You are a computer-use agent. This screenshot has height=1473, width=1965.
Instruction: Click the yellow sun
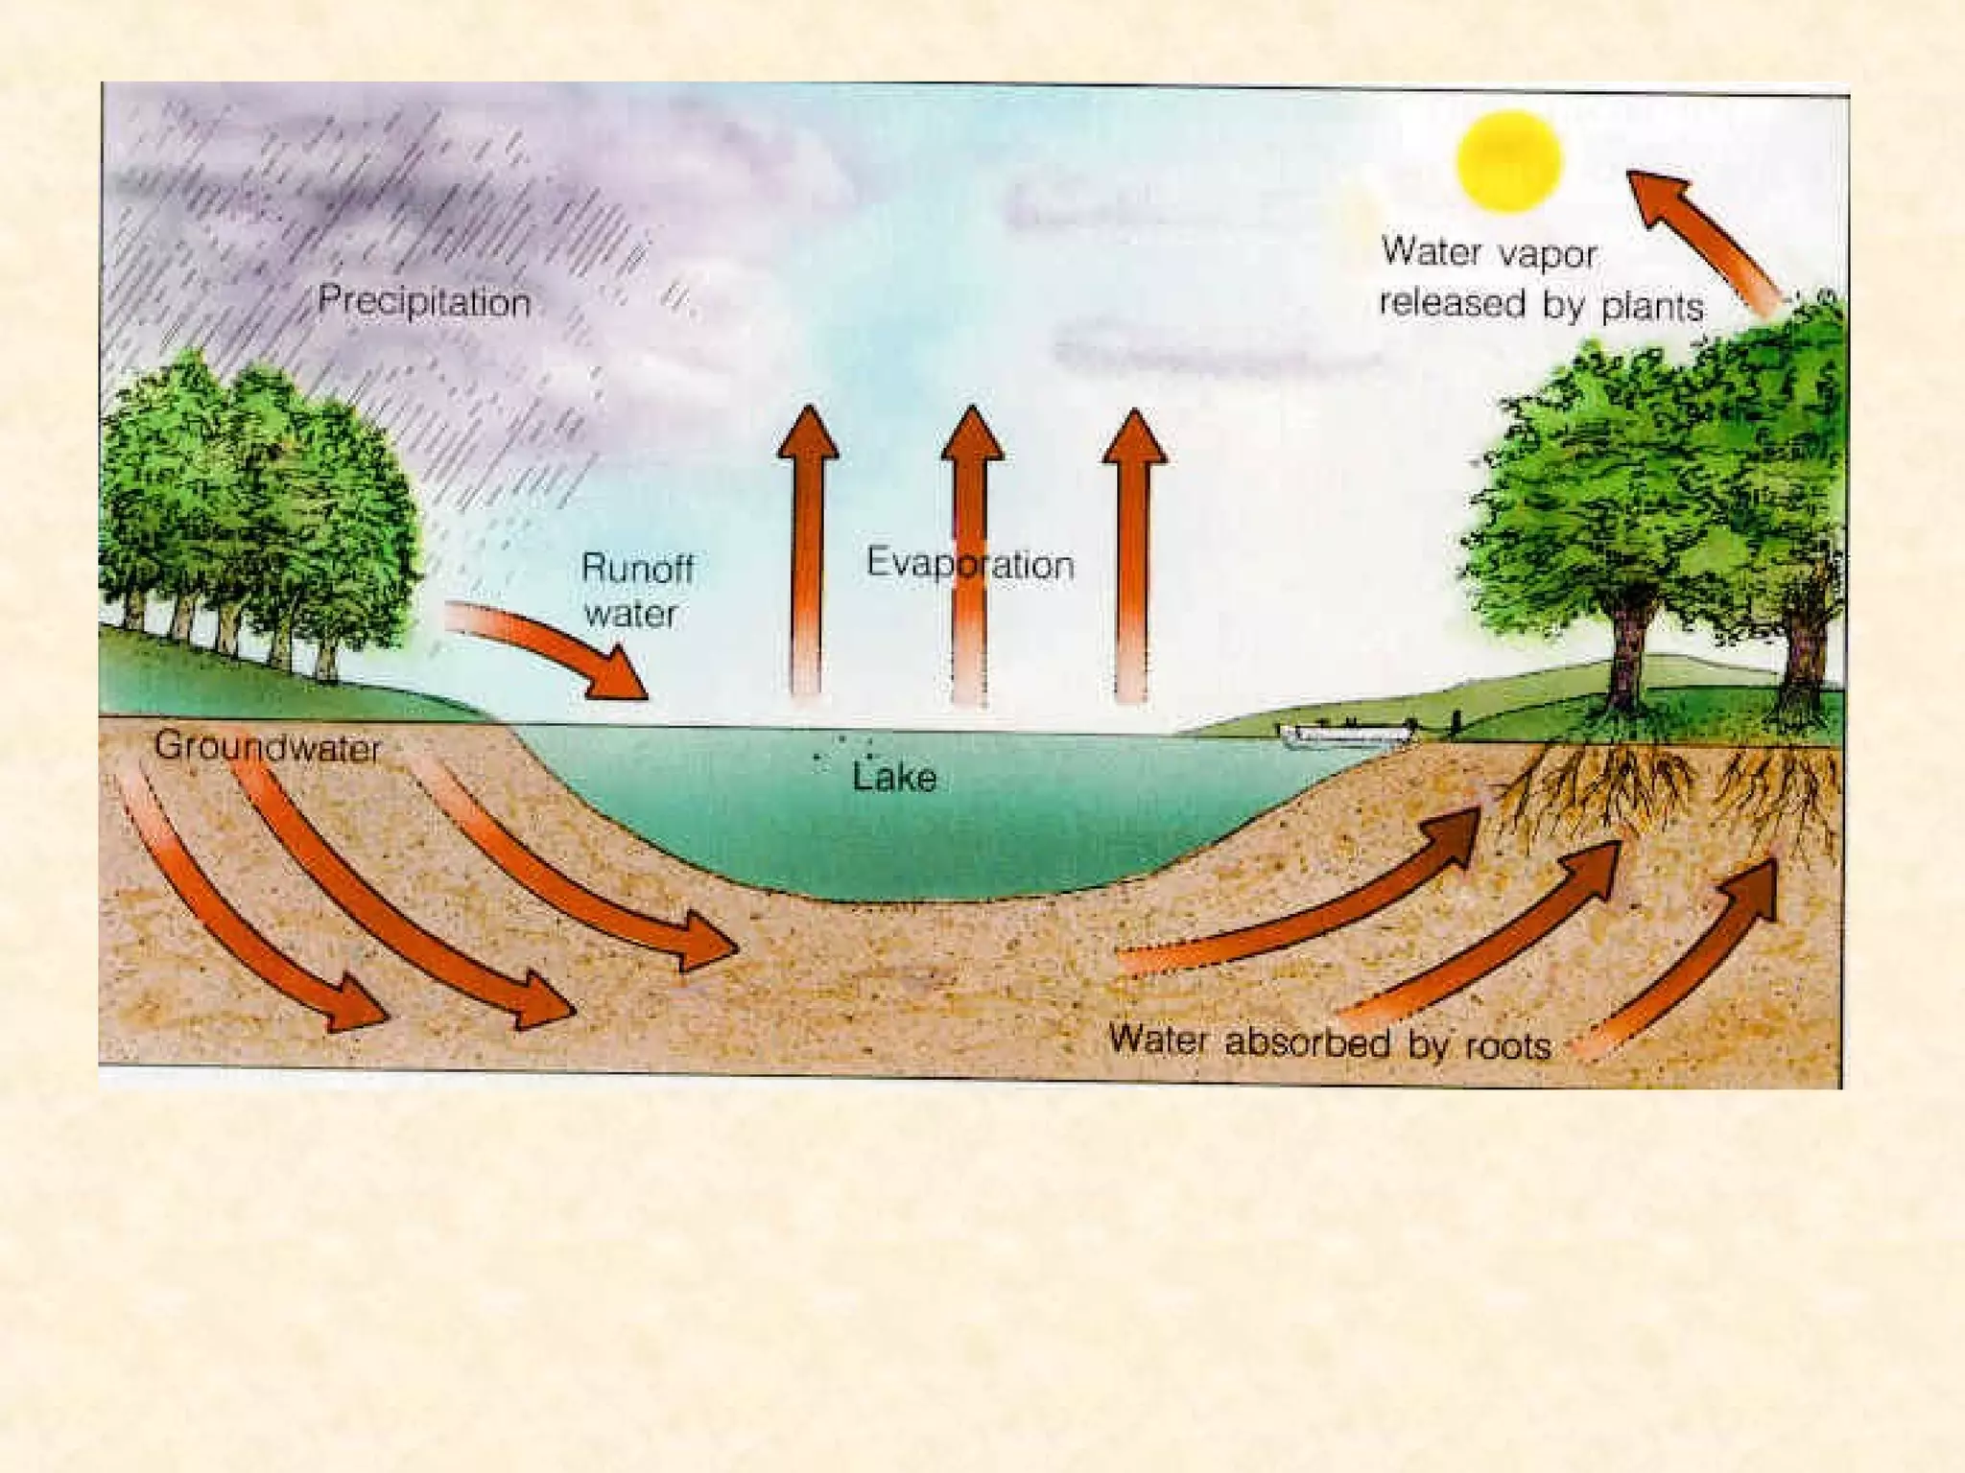(x=1508, y=161)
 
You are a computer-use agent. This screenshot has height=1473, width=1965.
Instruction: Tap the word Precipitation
(x=424, y=301)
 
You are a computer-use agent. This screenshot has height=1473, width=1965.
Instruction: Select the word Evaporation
(x=969, y=564)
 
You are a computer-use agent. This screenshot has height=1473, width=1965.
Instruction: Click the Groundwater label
(x=268, y=747)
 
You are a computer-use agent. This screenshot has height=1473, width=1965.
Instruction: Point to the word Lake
(x=894, y=777)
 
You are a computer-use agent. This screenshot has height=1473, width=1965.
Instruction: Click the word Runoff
(x=637, y=568)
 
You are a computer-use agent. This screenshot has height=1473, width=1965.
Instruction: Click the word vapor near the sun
(x=1547, y=254)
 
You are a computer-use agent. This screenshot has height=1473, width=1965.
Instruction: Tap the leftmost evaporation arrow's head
(x=808, y=433)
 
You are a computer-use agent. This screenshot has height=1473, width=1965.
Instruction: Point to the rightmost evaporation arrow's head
(x=1134, y=437)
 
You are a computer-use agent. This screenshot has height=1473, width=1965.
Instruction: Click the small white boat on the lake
(x=1347, y=736)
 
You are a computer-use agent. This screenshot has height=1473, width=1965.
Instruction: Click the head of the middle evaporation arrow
(x=972, y=433)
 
